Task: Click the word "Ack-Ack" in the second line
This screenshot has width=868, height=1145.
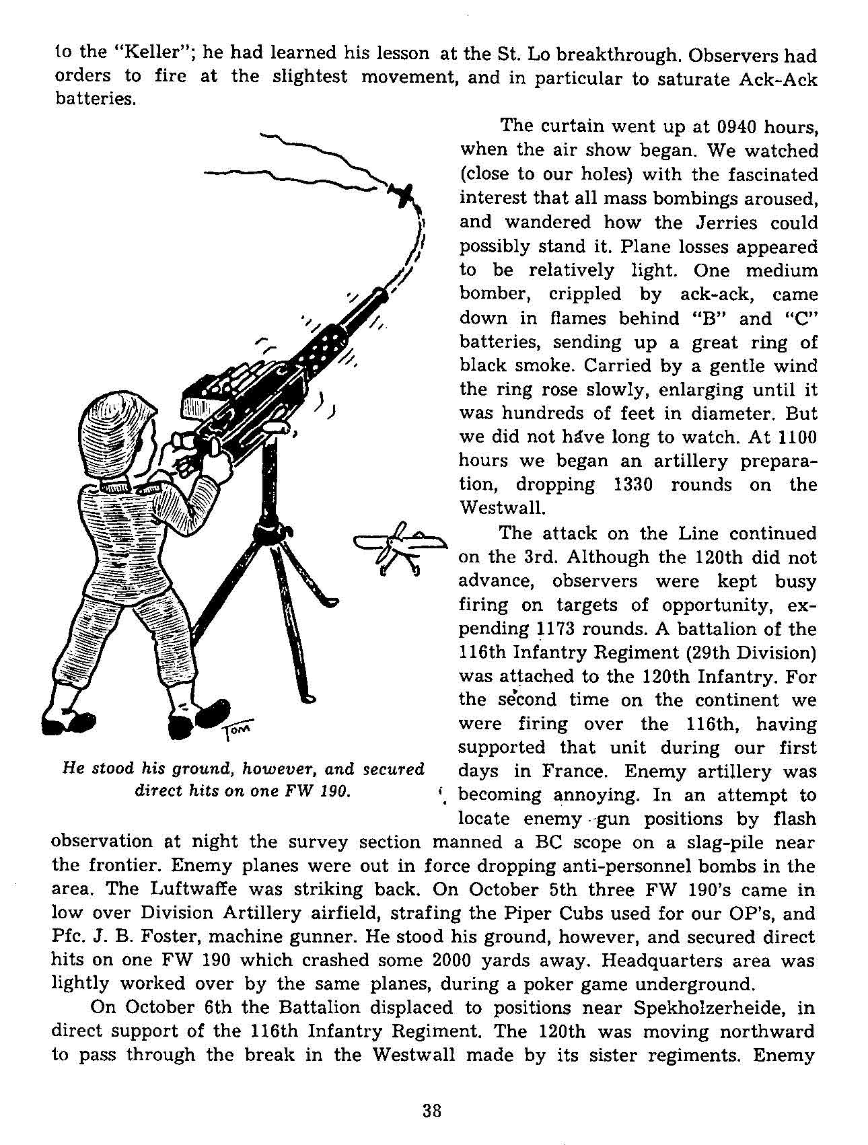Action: point(777,79)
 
